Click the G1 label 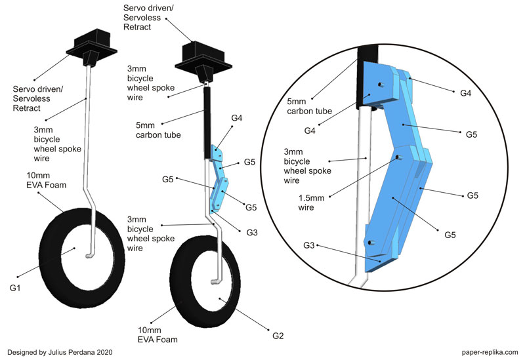click(15, 288)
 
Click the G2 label click(278, 336)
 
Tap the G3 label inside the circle click(309, 245)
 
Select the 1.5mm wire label click(311, 203)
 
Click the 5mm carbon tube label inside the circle click(309, 106)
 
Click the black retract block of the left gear click(92, 47)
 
